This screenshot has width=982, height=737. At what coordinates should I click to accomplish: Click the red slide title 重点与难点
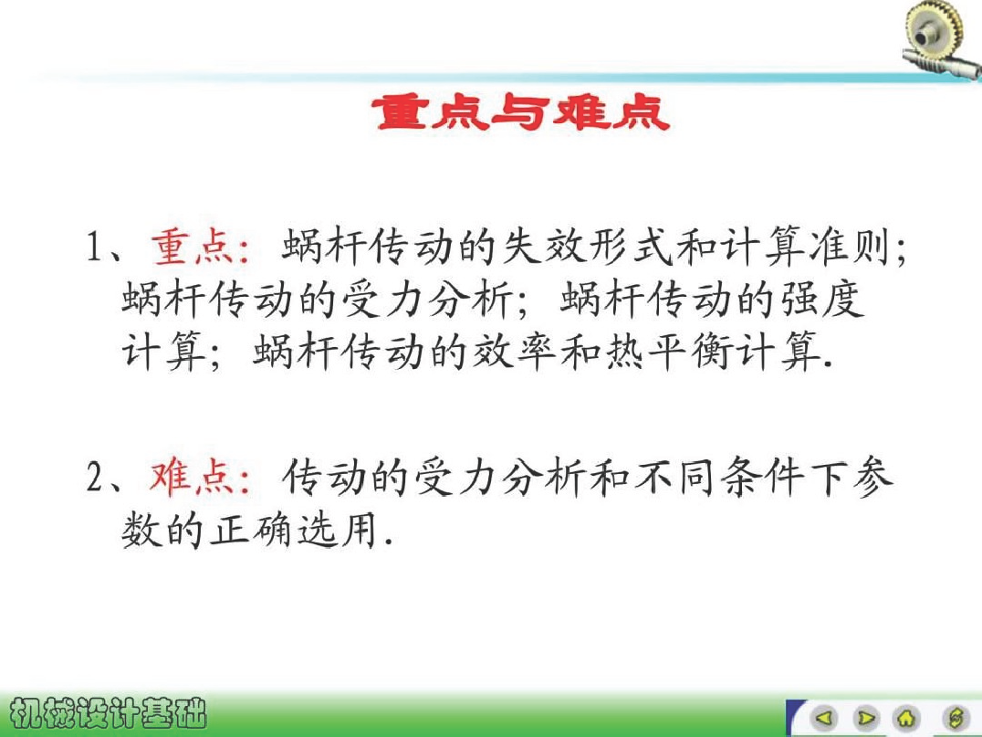(521, 113)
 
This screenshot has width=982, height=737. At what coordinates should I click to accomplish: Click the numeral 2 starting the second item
(95, 478)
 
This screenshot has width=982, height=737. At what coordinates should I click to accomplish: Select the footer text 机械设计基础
(109, 712)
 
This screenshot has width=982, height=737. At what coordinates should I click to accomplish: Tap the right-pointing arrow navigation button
(866, 717)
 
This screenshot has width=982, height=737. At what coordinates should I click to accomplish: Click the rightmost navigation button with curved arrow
(956, 717)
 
